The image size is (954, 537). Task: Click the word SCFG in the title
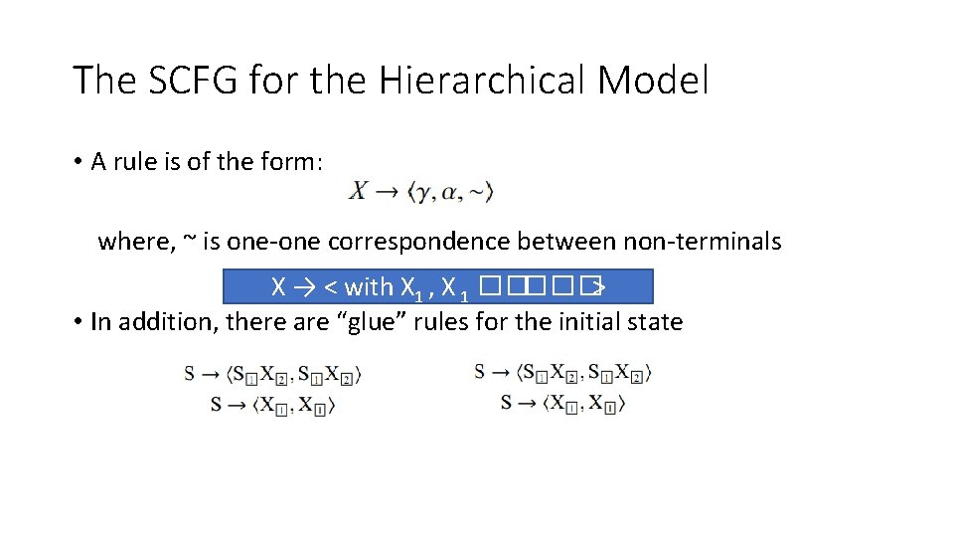point(185,80)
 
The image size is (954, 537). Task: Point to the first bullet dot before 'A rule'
point(78,163)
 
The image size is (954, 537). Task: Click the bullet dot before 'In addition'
point(78,322)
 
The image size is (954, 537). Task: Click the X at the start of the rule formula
point(357,190)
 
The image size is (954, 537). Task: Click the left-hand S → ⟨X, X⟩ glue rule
point(273,405)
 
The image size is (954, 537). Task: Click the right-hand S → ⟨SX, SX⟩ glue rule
point(562,373)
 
